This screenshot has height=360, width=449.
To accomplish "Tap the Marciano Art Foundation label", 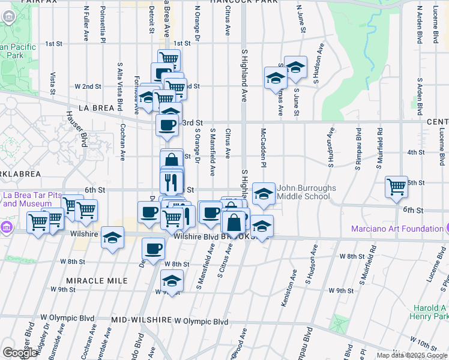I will (x=394, y=229).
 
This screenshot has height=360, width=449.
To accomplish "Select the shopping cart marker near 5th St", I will (x=397, y=187).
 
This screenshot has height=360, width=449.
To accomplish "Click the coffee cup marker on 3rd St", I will (x=167, y=125).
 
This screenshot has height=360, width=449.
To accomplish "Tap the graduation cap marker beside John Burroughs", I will (x=264, y=193).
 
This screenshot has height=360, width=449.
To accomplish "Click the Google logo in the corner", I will (x=20, y=353).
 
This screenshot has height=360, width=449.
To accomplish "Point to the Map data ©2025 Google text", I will (x=412, y=355).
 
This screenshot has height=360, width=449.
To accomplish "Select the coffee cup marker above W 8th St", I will (x=154, y=248).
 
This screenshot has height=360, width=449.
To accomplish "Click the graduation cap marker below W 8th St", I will (x=172, y=281).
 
